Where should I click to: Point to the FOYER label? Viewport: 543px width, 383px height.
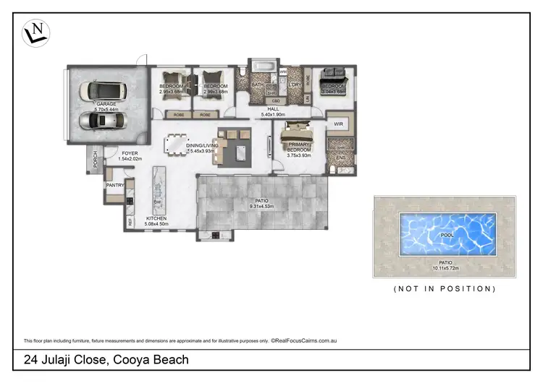[130, 153]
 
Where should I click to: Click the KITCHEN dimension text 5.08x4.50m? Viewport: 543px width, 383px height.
[156, 224]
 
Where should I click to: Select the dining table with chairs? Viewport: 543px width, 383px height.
[175, 145]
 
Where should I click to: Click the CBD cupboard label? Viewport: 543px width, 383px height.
[276, 100]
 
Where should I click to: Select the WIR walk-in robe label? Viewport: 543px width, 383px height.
[338, 124]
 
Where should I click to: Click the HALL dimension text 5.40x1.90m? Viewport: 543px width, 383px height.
[273, 114]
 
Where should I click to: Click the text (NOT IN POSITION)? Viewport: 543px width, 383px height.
[444, 288]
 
